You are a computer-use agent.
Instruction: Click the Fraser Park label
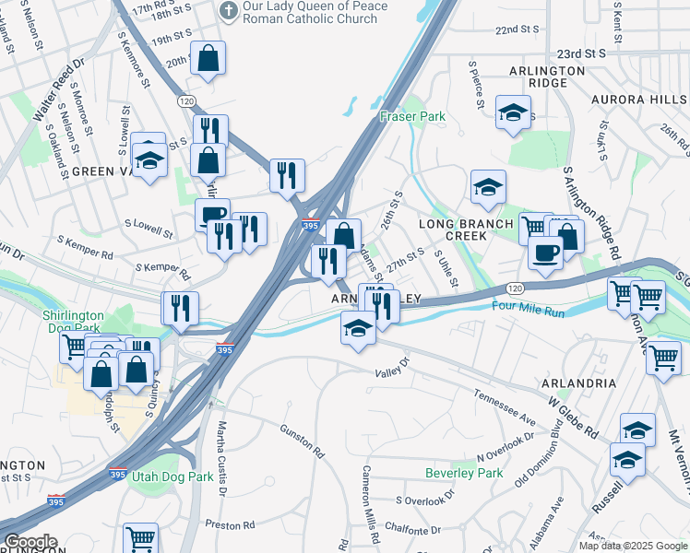tap(412, 117)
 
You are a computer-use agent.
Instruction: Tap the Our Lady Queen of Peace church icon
tap(228, 12)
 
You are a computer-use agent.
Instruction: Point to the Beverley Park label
tap(464, 473)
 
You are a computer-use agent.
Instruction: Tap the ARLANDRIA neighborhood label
tap(578, 382)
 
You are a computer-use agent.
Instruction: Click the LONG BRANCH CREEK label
tap(466, 230)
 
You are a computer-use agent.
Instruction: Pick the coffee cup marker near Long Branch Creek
tap(546, 253)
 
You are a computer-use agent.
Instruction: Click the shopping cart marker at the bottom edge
tap(140, 538)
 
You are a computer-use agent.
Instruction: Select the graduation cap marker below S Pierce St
tap(514, 112)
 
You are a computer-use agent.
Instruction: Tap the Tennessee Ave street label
tap(505, 406)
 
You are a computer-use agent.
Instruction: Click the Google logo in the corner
tap(30, 542)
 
